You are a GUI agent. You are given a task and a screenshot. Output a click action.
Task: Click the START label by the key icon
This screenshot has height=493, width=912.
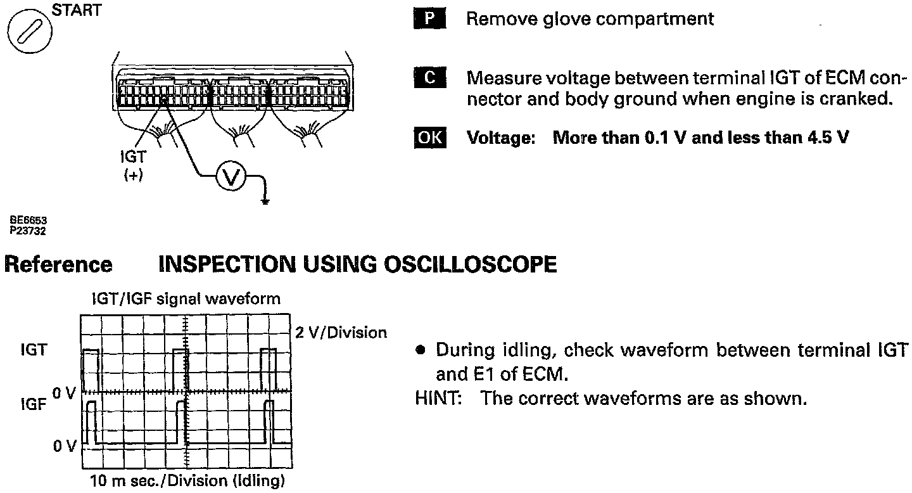coord(75,11)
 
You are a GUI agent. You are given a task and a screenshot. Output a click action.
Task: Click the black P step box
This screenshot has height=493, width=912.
coord(429,19)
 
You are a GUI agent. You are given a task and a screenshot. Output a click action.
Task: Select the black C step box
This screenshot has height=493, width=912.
coord(429,78)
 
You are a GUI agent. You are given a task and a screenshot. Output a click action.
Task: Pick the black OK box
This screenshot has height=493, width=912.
coord(429,138)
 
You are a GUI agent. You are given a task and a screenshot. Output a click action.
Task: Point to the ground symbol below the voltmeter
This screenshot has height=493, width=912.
coord(265,202)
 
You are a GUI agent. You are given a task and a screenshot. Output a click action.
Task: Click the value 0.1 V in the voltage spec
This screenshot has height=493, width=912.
coord(665,138)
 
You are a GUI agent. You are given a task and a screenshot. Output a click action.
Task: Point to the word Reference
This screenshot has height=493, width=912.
coord(58,264)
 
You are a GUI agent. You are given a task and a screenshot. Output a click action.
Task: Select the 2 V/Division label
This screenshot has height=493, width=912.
coord(341,332)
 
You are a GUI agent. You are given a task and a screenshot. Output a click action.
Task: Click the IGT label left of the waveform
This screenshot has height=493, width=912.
coord(34,350)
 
